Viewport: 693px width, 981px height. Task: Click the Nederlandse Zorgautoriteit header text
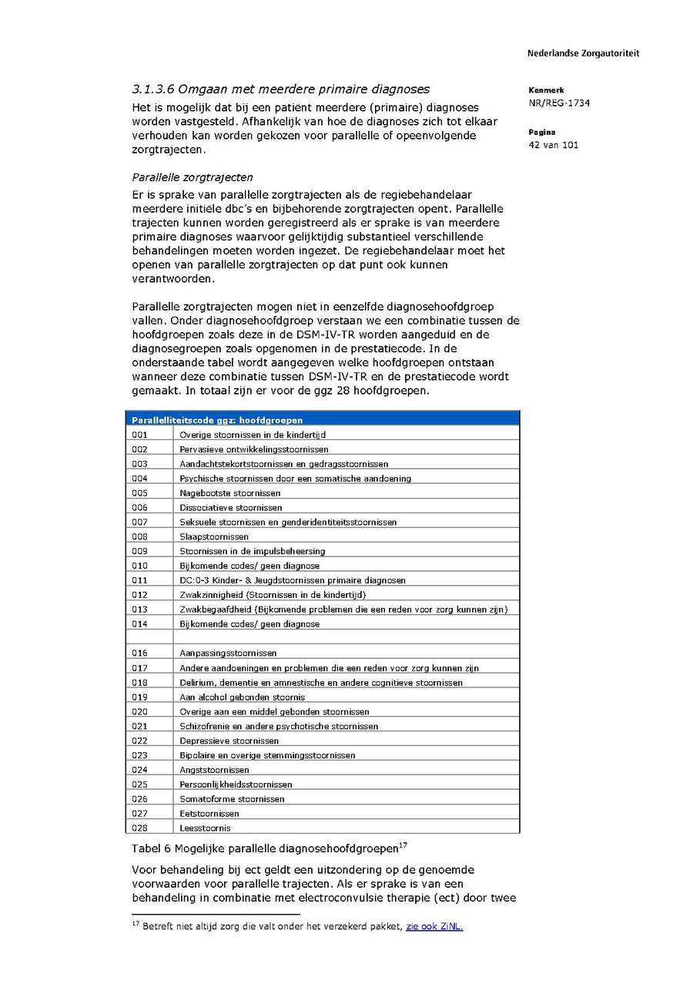tap(583, 53)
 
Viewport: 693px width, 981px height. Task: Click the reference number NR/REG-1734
tap(559, 103)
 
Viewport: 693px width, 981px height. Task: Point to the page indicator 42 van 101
tap(554, 145)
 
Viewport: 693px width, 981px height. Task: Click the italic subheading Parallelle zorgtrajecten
tap(192, 177)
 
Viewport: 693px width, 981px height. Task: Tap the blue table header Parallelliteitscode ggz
tap(217, 420)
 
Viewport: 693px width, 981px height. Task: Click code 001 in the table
tap(139, 435)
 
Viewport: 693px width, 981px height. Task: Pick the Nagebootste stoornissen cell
tap(230, 492)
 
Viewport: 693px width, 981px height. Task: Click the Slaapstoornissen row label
tap(214, 536)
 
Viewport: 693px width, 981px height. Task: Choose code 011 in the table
tap(139, 580)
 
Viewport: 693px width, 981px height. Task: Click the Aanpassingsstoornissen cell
tap(228, 653)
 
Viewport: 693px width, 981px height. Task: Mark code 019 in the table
tap(139, 697)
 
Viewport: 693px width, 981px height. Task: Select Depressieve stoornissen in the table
tap(229, 741)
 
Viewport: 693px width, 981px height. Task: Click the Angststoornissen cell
tap(214, 770)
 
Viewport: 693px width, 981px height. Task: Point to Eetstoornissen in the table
tap(209, 814)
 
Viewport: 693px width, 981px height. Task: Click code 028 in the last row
tap(139, 828)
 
